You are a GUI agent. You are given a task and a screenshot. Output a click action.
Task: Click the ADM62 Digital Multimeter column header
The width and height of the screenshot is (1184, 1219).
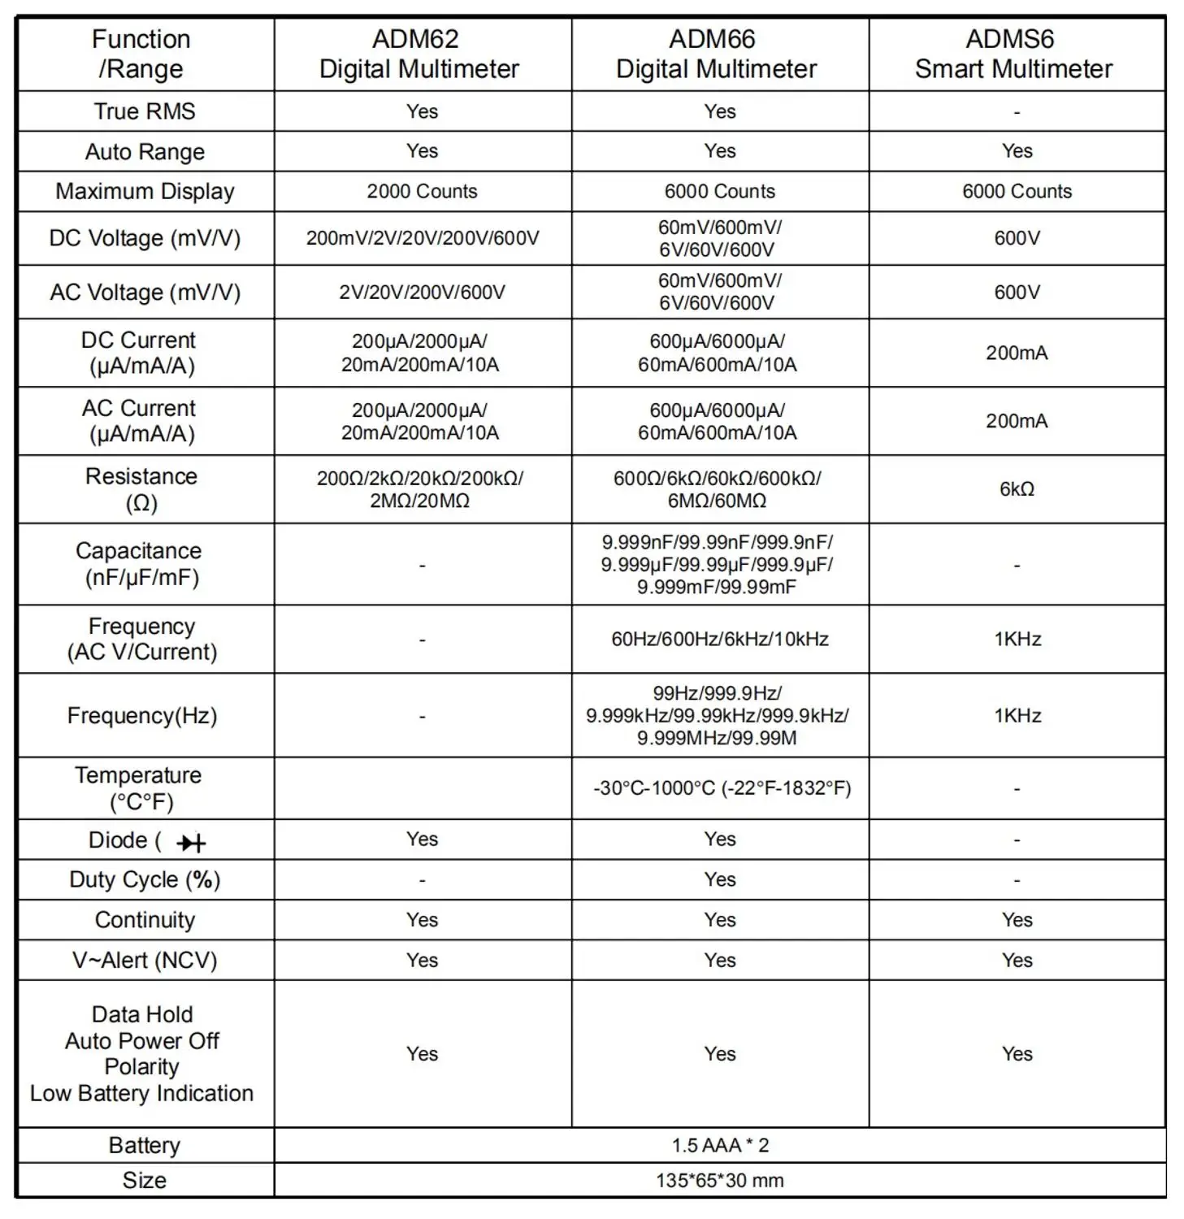pyautogui.click(x=419, y=54)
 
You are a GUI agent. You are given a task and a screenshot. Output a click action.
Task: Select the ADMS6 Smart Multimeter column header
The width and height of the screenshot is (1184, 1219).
pyautogui.click(x=1013, y=54)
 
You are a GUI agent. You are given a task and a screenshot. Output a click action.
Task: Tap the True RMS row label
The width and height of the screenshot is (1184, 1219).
pyautogui.click(x=145, y=111)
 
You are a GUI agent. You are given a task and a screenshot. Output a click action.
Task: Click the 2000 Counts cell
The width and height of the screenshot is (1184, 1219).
pyautogui.click(x=422, y=192)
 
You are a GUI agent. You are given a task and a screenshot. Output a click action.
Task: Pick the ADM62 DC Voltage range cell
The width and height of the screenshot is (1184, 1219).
pyautogui.click(x=422, y=238)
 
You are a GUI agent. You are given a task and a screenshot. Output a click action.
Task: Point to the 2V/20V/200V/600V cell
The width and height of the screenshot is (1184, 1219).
pyautogui.click(x=422, y=293)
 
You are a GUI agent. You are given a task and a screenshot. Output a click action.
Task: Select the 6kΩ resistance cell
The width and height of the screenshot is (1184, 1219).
pyautogui.click(x=1017, y=489)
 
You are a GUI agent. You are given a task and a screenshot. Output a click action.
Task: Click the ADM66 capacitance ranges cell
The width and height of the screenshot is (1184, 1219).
pyautogui.click(x=718, y=565)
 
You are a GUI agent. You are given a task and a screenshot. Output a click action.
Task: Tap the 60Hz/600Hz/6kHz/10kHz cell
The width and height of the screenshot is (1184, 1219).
pyautogui.click(x=720, y=640)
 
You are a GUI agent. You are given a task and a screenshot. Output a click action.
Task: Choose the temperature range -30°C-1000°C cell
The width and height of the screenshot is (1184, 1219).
pyautogui.click(x=722, y=788)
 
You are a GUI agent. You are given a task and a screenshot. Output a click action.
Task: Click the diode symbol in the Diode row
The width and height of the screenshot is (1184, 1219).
pyautogui.click(x=191, y=843)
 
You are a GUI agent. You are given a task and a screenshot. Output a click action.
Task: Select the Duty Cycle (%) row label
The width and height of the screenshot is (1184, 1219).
pyautogui.click(x=145, y=880)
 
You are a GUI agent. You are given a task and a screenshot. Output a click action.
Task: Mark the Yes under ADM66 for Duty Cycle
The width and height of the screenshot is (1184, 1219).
pyautogui.click(x=720, y=880)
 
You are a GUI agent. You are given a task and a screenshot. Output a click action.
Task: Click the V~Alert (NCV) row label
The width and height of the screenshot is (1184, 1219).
pyautogui.click(x=145, y=961)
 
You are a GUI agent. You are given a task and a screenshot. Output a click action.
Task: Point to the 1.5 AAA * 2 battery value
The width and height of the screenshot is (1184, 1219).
pyautogui.click(x=720, y=1146)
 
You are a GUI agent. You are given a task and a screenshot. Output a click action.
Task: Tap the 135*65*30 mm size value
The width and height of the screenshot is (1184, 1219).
pyautogui.click(x=720, y=1181)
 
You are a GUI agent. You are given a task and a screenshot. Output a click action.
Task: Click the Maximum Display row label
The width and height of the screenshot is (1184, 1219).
pyautogui.click(x=145, y=192)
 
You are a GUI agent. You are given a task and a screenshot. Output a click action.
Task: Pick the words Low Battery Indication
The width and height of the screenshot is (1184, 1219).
pyautogui.click(x=142, y=1094)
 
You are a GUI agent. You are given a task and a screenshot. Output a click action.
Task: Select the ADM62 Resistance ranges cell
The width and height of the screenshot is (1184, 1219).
pyautogui.click(x=420, y=489)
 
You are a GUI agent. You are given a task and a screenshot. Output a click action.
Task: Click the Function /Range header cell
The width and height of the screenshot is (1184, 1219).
pyautogui.click(x=141, y=54)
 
